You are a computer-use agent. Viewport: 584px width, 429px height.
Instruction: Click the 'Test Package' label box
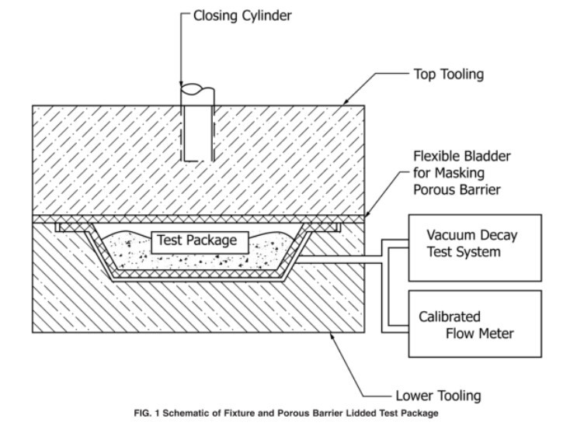(x=197, y=240)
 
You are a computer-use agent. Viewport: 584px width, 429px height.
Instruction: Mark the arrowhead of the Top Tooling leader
(x=344, y=104)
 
